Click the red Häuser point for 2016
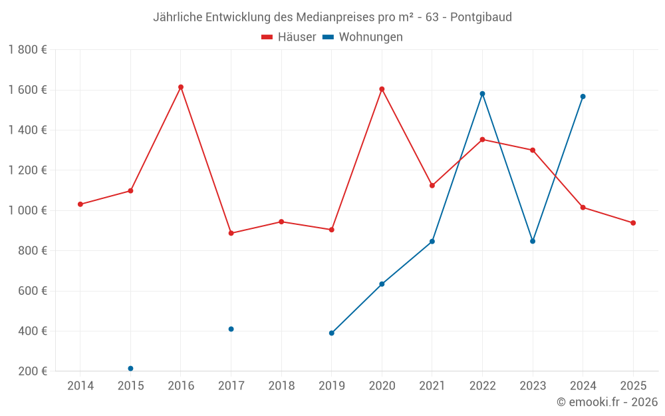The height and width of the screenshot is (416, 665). pos(181,87)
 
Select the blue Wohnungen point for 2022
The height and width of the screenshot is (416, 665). pos(482,94)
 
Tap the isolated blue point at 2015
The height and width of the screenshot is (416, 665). pos(130,369)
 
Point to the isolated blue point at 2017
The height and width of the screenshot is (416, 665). pos(231,329)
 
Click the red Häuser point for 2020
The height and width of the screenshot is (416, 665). pos(382,89)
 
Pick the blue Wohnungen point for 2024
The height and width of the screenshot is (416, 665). pos(583,97)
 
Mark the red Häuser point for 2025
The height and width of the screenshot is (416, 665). pos(633,223)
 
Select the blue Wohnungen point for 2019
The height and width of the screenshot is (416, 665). pos(331,333)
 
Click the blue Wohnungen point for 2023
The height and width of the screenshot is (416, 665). pos(533,241)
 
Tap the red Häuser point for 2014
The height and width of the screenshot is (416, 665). pos(80,204)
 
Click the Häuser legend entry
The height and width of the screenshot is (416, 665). pos(289,37)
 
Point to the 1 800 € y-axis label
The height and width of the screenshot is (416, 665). pos(27,50)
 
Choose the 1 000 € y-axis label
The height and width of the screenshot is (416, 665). pos(27,210)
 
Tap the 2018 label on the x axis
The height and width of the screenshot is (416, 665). pos(281,386)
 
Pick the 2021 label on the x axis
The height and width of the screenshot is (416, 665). pos(432,386)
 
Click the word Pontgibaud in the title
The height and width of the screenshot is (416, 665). pos(481,17)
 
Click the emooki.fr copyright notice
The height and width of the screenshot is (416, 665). pos(606,402)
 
